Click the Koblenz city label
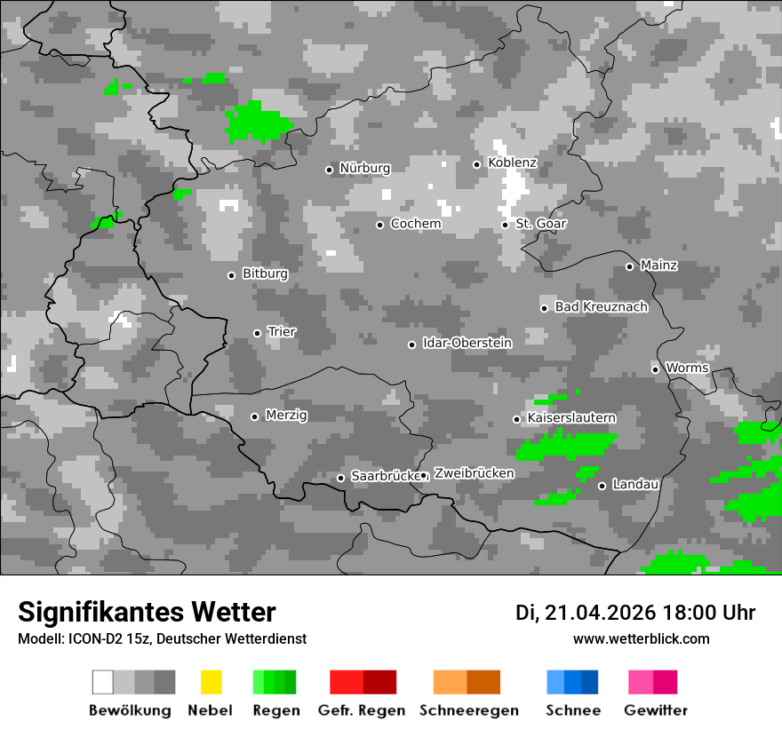(x=513, y=163)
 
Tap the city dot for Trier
(x=258, y=333)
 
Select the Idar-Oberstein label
(x=467, y=343)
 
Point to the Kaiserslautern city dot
(x=516, y=419)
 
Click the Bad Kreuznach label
(x=601, y=307)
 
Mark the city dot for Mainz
(x=629, y=266)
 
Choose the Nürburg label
(x=364, y=168)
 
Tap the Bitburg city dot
(x=232, y=275)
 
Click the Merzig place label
(x=287, y=416)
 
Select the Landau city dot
(x=602, y=486)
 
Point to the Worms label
(x=687, y=368)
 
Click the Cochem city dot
(x=379, y=225)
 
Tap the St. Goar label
(x=541, y=224)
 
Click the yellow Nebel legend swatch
(x=211, y=682)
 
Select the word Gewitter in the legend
(x=655, y=710)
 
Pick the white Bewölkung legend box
(x=103, y=682)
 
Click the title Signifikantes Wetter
(x=147, y=612)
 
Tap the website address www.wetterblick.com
(x=641, y=638)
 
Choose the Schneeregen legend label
(x=468, y=710)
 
